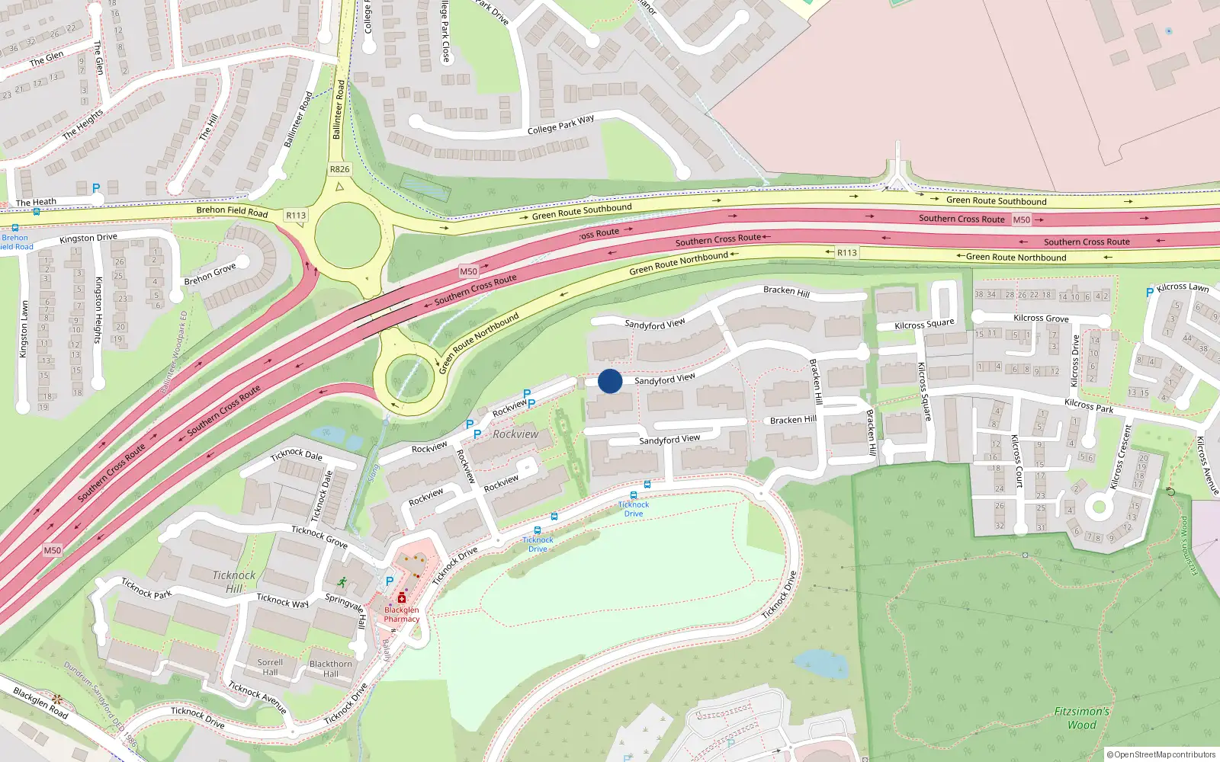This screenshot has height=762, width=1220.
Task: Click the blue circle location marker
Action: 610,381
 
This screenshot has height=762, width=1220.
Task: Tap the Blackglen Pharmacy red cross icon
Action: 402,598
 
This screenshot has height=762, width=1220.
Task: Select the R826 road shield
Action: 340,169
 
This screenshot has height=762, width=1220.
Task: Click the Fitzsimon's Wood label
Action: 1081,718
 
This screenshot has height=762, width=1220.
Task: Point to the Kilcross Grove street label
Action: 1041,319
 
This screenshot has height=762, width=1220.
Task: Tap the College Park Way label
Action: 560,125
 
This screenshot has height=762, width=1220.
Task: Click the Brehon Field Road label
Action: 232,211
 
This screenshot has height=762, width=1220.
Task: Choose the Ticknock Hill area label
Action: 234,581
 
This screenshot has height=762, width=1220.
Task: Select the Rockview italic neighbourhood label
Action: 515,434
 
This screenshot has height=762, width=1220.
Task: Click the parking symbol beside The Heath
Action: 96,188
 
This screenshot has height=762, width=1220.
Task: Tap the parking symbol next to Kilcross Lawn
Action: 1150,293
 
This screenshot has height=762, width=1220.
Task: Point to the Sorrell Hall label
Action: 270,668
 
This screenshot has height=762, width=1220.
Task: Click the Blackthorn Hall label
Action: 331,668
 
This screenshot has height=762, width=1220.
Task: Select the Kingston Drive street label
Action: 88,239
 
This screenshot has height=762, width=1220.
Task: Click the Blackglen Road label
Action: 40,703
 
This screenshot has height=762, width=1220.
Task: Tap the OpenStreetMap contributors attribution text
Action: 1161,754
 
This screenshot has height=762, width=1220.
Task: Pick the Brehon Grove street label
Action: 210,275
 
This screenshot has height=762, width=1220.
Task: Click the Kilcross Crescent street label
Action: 1121,457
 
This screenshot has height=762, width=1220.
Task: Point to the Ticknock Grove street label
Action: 319,536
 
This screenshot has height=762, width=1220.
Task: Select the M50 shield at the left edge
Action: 53,550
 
